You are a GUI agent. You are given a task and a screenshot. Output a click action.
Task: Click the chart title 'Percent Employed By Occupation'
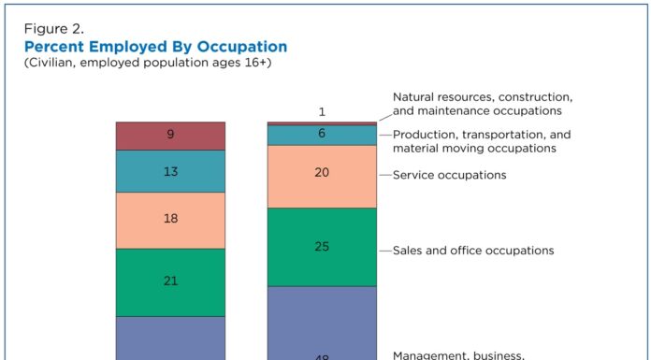click(155, 47)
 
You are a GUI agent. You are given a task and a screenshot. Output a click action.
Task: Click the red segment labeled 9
click(170, 136)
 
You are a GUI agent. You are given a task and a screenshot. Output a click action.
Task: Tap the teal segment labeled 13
click(170, 171)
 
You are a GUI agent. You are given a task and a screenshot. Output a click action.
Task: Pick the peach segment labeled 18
click(170, 220)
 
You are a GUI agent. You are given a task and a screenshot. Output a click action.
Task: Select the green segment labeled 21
click(170, 281)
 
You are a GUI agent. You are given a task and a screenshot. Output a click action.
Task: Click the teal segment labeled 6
click(322, 135)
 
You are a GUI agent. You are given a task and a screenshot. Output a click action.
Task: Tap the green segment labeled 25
click(322, 247)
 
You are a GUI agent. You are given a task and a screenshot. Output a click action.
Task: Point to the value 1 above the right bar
click(322, 112)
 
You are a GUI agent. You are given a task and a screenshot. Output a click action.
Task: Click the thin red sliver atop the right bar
click(322, 123)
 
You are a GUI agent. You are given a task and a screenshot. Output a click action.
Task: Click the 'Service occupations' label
click(449, 175)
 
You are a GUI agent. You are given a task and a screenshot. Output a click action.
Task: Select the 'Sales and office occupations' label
click(473, 251)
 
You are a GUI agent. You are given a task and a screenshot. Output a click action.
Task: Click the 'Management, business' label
click(458, 355)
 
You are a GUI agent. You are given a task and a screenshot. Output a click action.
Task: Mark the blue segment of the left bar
click(170, 338)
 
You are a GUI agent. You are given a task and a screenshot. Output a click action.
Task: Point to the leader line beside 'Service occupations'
click(383, 175)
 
